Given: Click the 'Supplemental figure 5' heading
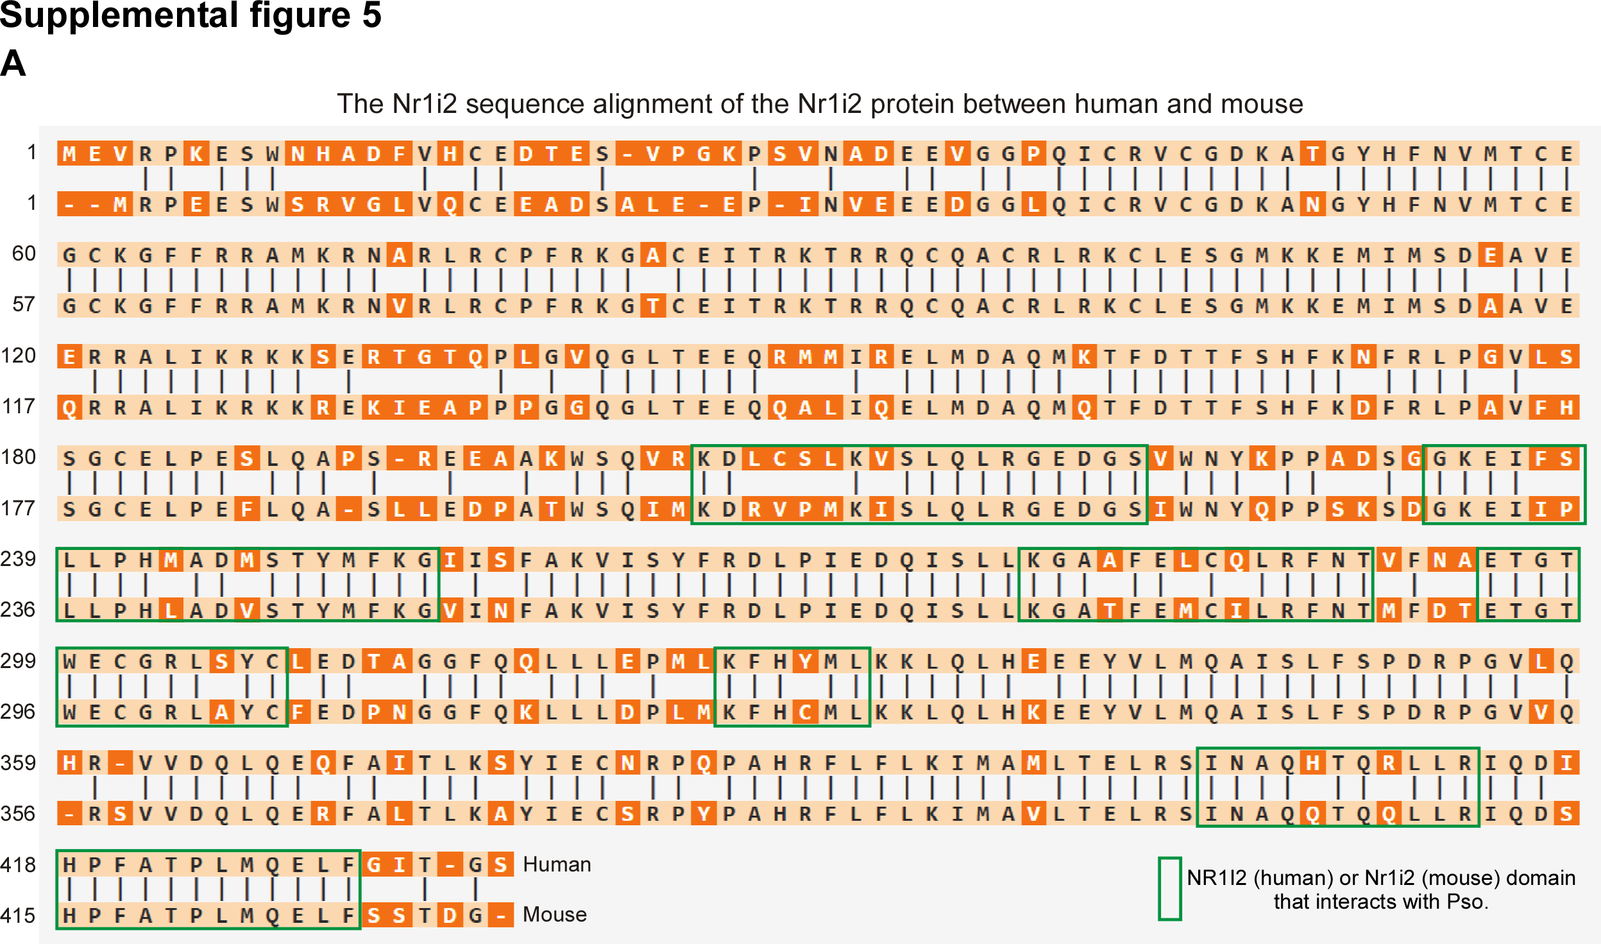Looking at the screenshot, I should coord(191,15).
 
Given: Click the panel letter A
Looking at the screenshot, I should coord(13,64).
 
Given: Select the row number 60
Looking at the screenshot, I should coord(24,253).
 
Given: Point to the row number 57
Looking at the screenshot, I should coord(24,304).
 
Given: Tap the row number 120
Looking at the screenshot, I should coord(19,356).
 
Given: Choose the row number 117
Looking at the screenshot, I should coord(19,406).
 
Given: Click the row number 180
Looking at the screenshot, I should coord(19,457).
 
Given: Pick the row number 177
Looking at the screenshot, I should coord(19,508).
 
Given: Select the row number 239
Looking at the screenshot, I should coord(19,559).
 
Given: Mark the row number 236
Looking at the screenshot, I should coord(19,610).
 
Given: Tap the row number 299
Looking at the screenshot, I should coord(19,661).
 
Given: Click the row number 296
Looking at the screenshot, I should coord(19,712).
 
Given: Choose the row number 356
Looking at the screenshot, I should coord(19,814).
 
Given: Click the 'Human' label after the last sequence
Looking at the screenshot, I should coord(557,864).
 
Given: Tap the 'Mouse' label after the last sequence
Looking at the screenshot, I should coord(555,914).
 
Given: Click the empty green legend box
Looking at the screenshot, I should coord(1170,889).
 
